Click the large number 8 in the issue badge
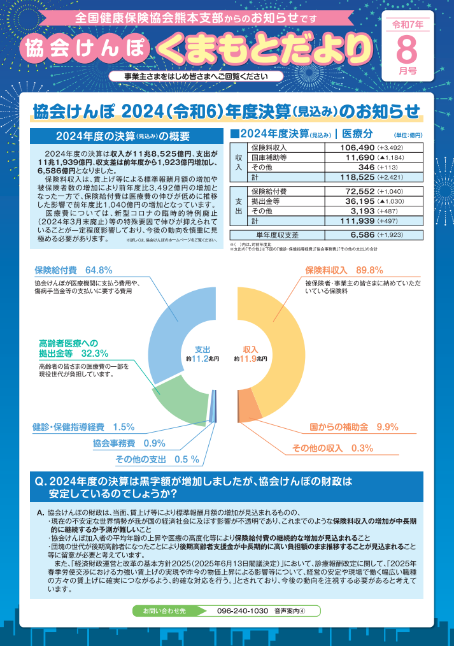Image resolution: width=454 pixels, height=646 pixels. pos(408,50)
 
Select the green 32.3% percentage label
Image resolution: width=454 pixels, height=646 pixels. pos(95,353)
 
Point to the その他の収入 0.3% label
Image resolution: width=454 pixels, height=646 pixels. pos(332,448)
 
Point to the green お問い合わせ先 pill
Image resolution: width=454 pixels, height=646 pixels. pos(164,611)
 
